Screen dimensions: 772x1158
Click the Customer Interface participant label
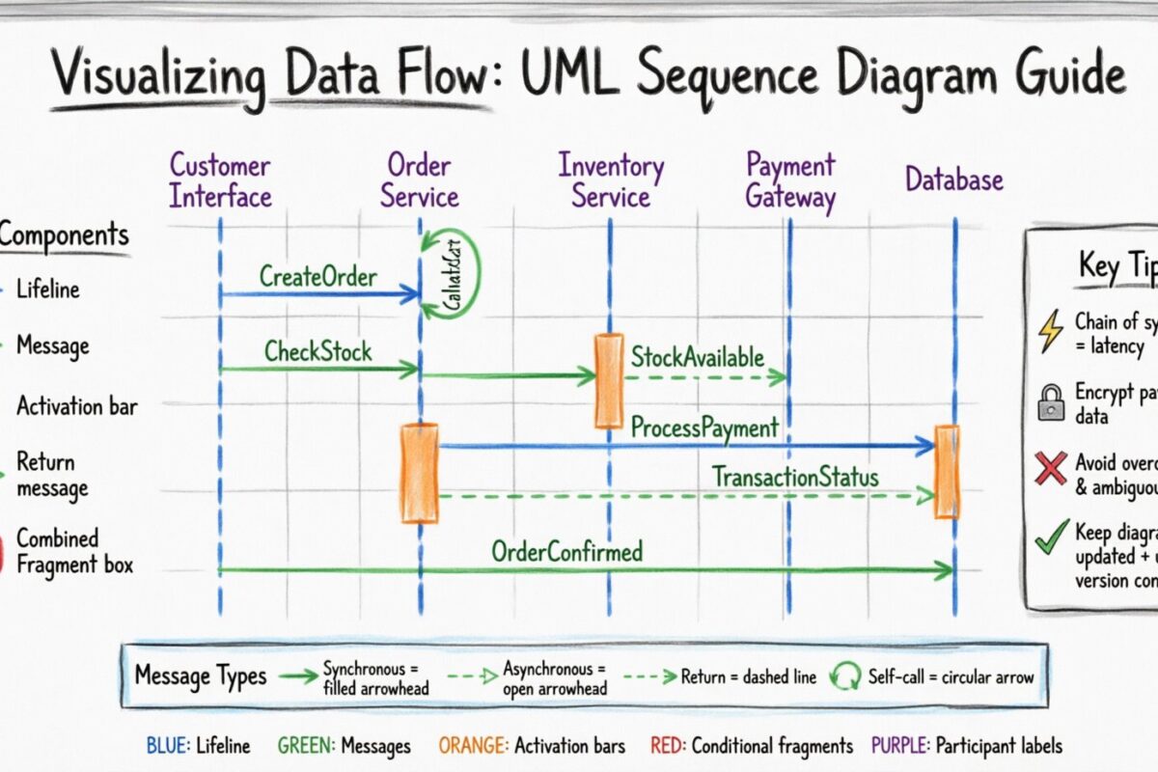[220, 181]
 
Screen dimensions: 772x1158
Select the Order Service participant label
[419, 181]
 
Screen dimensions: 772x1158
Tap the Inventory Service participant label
[611, 181]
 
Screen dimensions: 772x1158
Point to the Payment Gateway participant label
[789, 181]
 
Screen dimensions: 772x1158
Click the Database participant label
[953, 179]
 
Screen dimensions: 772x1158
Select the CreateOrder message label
[317, 277]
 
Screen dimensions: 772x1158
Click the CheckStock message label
[317, 351]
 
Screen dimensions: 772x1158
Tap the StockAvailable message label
[697, 357]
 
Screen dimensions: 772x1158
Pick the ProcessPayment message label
[704, 427]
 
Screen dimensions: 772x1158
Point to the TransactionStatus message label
[795, 477]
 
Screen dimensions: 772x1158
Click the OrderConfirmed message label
[566, 552]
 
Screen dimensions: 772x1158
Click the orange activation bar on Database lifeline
[947, 470]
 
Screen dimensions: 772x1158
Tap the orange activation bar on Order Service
[420, 473]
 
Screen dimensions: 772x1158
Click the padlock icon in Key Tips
[1050, 401]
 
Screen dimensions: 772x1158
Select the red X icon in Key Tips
[1050, 469]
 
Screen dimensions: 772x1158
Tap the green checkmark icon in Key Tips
[1050, 538]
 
